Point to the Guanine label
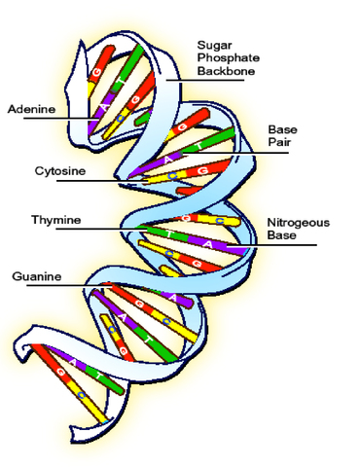click(x=37, y=277)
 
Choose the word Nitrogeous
click(x=298, y=222)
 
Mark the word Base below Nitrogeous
click(x=281, y=235)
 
